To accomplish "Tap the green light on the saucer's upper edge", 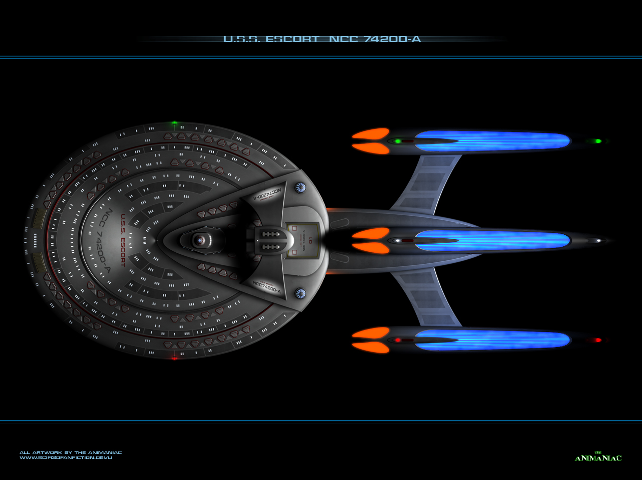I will click(x=175, y=123).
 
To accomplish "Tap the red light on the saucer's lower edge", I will click(x=174, y=358).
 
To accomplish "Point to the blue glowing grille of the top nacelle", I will click(x=492, y=141).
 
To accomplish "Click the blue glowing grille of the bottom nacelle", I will click(x=492, y=340).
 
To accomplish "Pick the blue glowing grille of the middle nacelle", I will click(x=492, y=240).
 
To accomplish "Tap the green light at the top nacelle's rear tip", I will click(x=597, y=141).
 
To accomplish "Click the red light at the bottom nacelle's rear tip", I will click(x=597, y=340).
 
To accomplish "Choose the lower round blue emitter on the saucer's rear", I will click(x=300, y=293).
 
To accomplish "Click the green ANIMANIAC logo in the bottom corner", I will click(x=598, y=457).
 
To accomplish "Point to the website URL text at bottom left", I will click(x=66, y=458).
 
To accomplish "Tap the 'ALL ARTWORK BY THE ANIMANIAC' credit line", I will click(x=71, y=452).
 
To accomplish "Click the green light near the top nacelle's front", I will click(x=398, y=141).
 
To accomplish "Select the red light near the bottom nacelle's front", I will click(x=398, y=340).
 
